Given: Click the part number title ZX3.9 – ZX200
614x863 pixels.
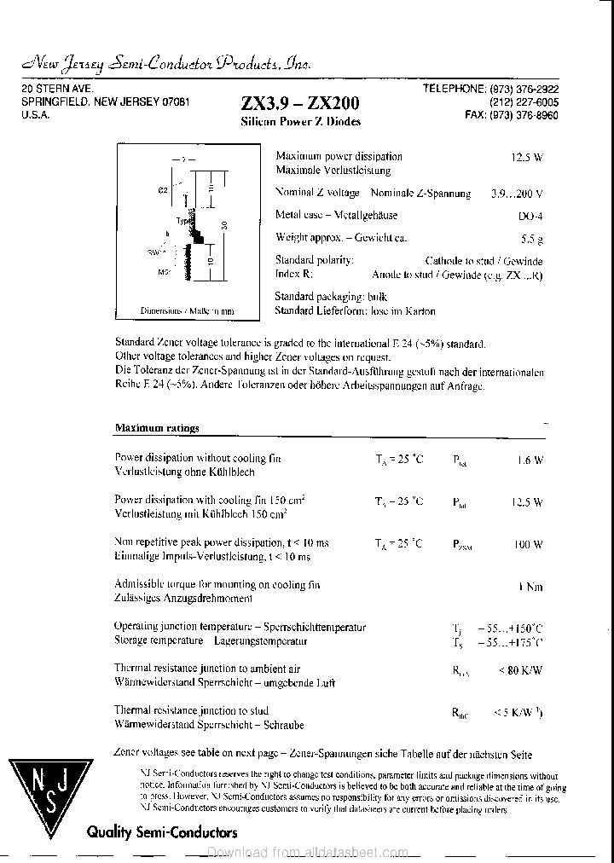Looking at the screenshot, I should pos(300,103).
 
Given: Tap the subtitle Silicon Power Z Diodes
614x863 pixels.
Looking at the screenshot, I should pos(300,122).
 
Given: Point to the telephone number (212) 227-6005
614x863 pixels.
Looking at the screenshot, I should pos(524,101).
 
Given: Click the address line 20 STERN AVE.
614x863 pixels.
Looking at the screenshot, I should pos(57,88).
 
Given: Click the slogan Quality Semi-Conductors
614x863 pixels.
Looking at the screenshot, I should pos(161,832).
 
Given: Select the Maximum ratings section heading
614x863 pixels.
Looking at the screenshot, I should pos(157,428).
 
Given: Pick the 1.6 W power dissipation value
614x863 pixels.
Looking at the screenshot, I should pos(530,460).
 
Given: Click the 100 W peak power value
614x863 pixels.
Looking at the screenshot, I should pos(528,544).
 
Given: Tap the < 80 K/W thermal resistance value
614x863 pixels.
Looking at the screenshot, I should pos(520,670).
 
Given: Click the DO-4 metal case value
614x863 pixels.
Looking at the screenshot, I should pos(530,217).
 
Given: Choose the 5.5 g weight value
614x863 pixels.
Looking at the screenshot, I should pos(532,240).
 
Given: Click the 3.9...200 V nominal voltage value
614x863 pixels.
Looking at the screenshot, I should pos(517,194).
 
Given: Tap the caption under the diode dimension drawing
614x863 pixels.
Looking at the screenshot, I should pos(186,311).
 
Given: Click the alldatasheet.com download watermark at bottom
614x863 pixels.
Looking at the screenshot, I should pos(307,853).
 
